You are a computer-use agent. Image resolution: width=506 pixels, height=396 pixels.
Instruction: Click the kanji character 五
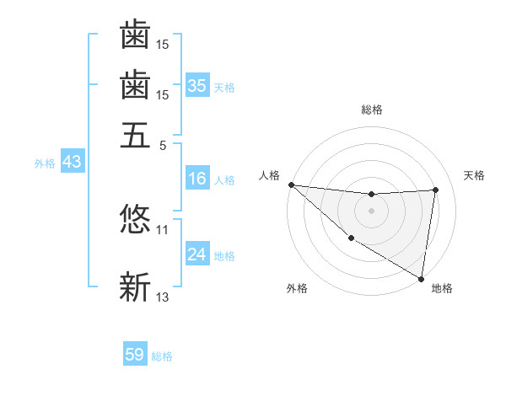(135, 135)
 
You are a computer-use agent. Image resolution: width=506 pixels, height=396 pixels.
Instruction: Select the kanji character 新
(135, 286)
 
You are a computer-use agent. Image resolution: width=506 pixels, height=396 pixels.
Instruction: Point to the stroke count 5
(162, 144)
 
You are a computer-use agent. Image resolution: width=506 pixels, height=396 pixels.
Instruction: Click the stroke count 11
(163, 228)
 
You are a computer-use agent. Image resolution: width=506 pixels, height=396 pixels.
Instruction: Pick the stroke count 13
(163, 296)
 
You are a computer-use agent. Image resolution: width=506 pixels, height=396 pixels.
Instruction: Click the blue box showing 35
(197, 85)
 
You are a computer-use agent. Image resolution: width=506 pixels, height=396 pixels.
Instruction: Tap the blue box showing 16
(197, 179)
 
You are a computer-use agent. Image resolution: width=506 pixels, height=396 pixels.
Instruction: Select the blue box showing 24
(197, 254)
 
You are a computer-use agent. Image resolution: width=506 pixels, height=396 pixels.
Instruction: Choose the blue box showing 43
(72, 162)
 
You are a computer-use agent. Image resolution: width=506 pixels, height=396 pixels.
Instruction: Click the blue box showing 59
(135, 355)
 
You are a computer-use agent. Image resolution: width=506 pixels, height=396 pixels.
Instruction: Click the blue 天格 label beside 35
(224, 87)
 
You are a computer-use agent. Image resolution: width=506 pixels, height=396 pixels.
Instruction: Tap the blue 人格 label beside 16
(224, 180)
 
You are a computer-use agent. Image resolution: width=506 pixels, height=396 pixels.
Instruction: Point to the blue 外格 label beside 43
(45, 163)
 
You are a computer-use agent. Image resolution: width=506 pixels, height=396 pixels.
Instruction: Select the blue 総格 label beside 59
(162, 356)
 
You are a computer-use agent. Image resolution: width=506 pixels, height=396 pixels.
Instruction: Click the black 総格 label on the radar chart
(372, 110)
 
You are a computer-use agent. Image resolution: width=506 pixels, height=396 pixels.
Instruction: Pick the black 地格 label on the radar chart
(442, 289)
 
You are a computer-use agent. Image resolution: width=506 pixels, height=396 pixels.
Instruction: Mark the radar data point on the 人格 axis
(291, 185)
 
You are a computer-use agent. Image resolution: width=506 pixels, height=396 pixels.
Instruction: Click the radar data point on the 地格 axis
(421, 278)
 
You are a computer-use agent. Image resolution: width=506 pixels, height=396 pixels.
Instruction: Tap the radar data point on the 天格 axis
(436, 190)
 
